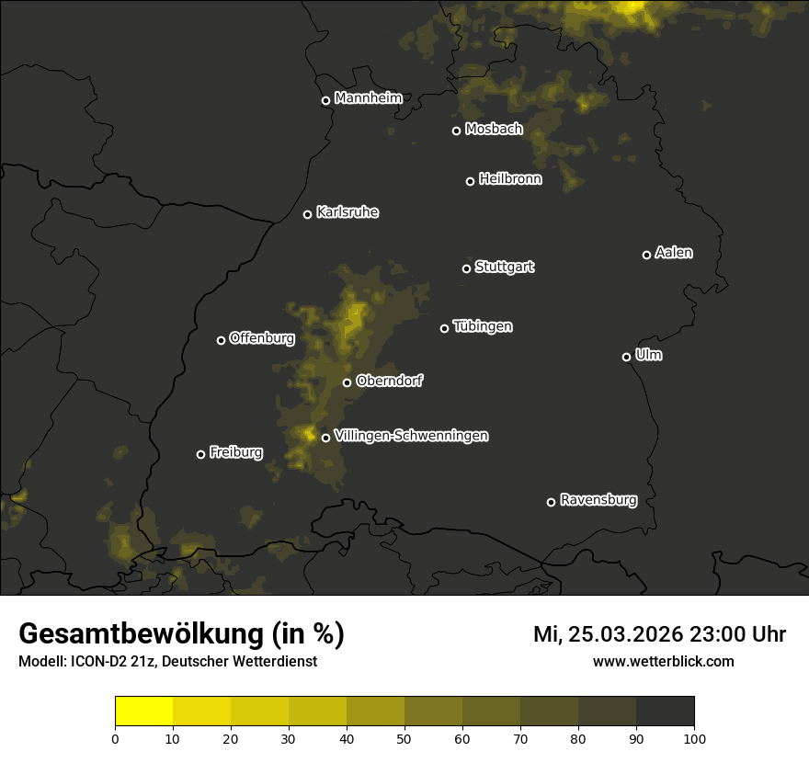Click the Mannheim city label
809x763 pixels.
tap(368, 98)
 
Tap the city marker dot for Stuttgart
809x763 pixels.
tap(466, 268)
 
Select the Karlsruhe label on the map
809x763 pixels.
tap(347, 212)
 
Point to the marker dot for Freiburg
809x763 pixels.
tap(200, 454)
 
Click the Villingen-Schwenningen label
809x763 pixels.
tap(411, 436)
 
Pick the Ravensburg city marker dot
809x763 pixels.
tap(551, 502)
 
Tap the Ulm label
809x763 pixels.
tap(648, 355)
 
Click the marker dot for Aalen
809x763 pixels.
tap(646, 255)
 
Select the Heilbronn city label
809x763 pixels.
tap(510, 179)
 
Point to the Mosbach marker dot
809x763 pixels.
tap(456, 131)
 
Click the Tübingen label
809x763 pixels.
tap(483, 326)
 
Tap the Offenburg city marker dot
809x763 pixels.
tap(221, 340)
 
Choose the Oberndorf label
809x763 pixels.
tap(389, 381)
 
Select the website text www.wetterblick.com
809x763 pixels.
tap(663, 661)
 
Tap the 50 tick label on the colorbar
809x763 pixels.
tap(404, 738)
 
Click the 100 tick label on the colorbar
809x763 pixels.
tap(694, 738)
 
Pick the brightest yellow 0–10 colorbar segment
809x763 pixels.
tap(144, 712)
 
